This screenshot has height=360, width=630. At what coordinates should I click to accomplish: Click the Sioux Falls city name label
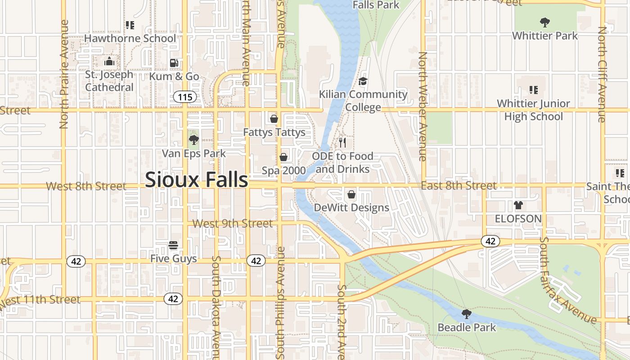point(196,180)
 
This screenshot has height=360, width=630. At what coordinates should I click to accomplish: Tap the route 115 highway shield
point(184,97)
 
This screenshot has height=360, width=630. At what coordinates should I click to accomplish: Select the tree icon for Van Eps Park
point(193,139)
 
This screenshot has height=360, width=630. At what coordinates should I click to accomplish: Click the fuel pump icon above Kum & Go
point(174,63)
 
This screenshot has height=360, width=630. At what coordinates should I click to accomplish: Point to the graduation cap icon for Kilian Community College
point(363,81)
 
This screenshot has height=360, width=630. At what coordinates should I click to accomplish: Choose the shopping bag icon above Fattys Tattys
point(274,119)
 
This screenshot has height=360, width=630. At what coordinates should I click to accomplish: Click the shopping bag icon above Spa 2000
point(283,157)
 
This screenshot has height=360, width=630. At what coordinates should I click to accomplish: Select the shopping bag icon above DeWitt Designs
point(351,194)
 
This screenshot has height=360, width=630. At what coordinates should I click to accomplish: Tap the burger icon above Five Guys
point(173,245)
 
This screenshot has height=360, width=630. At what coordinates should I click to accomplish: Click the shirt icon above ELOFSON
point(518,205)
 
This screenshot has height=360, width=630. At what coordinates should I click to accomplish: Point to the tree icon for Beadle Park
point(467,314)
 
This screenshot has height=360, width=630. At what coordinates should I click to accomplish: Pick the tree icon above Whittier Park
point(544,22)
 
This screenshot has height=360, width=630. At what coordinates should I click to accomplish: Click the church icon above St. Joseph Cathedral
point(109,61)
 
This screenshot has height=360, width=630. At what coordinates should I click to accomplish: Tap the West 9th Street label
point(233,224)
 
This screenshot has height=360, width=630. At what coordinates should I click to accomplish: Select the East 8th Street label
point(459,185)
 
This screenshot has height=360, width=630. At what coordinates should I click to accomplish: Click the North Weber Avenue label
point(423,106)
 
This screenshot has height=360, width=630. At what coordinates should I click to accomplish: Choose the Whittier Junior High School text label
point(533,110)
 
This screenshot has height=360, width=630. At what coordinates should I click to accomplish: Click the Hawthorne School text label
point(130,38)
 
